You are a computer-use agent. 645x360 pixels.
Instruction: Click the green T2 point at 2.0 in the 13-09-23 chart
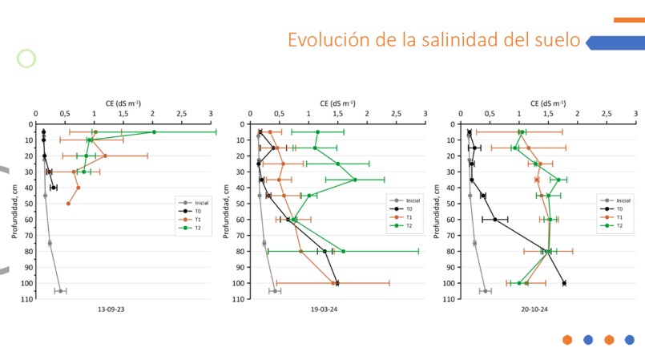point(154,131)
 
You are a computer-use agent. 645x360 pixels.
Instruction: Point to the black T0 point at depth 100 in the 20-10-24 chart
point(564,283)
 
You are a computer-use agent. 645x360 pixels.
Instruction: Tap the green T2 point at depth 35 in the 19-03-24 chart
point(355,180)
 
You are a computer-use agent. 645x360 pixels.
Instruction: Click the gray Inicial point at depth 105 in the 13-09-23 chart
point(60,291)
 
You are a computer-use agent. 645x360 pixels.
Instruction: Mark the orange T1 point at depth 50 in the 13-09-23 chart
point(68,204)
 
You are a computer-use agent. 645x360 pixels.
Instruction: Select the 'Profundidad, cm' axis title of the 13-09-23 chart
point(15,212)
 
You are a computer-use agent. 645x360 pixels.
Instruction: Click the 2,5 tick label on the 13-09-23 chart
point(182,113)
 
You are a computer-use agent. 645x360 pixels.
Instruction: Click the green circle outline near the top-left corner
point(27,59)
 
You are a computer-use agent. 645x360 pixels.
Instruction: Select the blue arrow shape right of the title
point(615,42)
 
